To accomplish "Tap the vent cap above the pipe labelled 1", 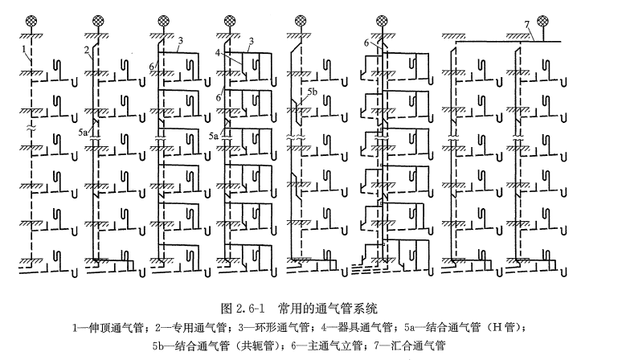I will coord(32,19).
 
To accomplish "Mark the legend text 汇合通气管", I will coord(422,346).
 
